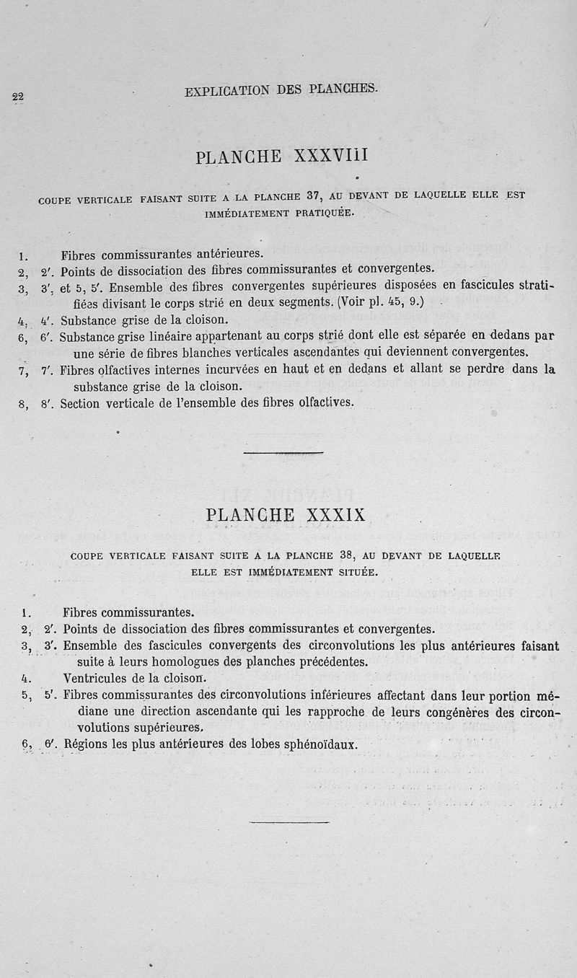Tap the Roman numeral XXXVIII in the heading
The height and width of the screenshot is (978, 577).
click(331, 156)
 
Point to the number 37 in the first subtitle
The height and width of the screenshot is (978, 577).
click(313, 195)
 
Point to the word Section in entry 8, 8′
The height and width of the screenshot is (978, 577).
click(79, 403)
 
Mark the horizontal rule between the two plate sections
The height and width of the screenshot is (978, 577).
click(283, 453)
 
